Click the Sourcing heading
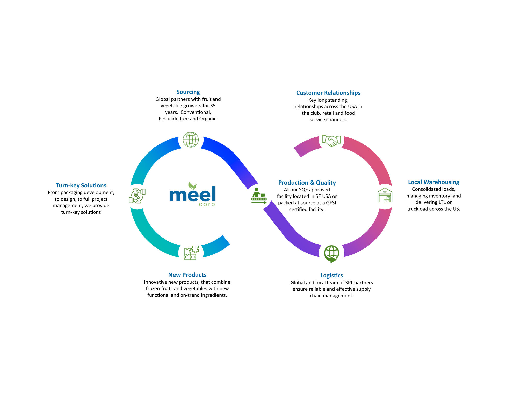click(x=188, y=92)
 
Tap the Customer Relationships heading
click(x=328, y=93)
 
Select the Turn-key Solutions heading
click(x=81, y=185)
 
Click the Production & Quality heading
click(x=307, y=183)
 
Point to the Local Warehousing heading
click(x=433, y=182)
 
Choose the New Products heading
click(x=187, y=275)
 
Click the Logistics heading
click(x=331, y=275)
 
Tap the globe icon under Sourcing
click(x=191, y=140)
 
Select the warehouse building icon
click(x=385, y=196)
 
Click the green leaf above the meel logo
click(x=192, y=186)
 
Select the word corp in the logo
click(x=207, y=204)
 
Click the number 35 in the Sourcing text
click(x=213, y=106)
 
